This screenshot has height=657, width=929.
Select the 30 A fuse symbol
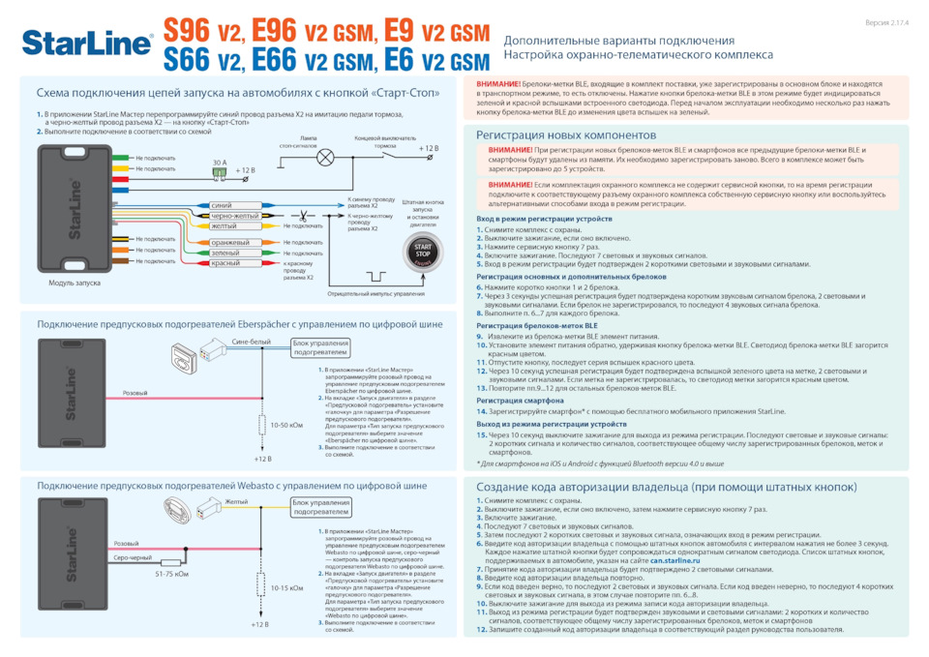(220, 171)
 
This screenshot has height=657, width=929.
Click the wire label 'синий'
(221, 206)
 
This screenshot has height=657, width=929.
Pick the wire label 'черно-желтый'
(234, 216)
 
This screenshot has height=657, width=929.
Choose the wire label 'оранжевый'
(230, 242)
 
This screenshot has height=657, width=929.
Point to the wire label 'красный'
(225, 263)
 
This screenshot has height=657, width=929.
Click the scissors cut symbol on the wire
(302, 215)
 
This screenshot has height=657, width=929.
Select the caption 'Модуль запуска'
(75, 284)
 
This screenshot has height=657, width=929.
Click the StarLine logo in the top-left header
(87, 44)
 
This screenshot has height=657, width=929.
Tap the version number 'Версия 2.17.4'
(886, 21)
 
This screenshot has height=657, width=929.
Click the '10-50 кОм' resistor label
(286, 425)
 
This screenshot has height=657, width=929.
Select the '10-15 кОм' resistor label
(286, 587)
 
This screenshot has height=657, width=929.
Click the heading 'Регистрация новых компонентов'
(566, 135)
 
